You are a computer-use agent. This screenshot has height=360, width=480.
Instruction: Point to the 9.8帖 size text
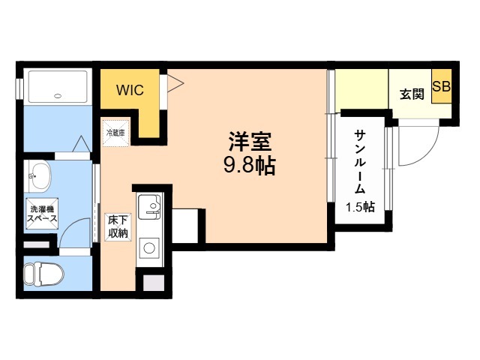coord(250,165)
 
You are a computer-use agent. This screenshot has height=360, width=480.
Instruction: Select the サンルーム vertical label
coord(361,160)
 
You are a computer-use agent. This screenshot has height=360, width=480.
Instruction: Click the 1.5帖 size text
coord(360,207)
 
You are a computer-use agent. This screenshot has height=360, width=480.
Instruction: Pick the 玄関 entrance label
coord(412,94)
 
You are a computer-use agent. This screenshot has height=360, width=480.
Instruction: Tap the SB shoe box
coord(441,86)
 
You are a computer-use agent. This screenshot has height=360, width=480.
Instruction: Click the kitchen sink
coord(151,205)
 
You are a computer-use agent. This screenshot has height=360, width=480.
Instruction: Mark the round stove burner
coord(148,248)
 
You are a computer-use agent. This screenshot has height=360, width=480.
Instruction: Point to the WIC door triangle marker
coord(172,84)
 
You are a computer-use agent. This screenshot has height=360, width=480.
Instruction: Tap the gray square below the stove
coord(154,283)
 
